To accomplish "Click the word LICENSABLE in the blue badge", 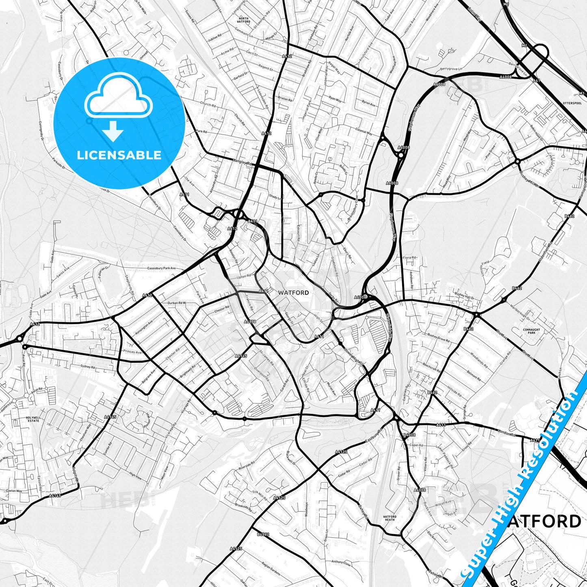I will (x=119, y=155).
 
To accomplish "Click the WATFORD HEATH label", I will (x=390, y=518).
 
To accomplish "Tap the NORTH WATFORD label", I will (x=244, y=20).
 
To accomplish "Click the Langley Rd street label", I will (x=243, y=162).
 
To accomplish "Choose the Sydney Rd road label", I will (x=87, y=367).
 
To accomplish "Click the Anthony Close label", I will (x=340, y=562).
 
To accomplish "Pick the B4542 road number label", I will (x=263, y=534).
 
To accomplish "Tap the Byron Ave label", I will (x=368, y=104).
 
